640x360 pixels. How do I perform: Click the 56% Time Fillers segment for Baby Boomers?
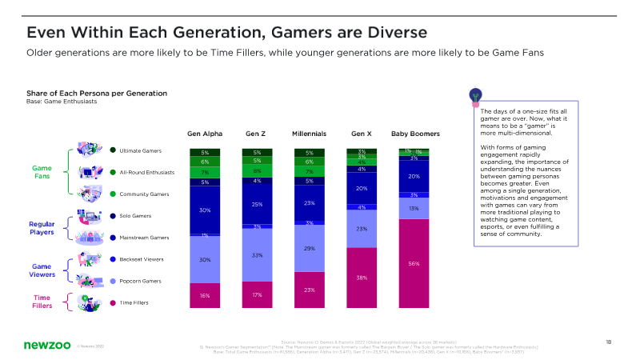tap(414, 263)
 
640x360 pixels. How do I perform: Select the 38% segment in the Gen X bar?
tap(362, 278)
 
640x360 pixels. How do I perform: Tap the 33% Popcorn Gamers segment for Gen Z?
tap(257, 255)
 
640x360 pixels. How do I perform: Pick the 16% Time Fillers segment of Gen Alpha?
tap(205, 295)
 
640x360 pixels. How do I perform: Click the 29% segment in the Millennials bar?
tap(309, 249)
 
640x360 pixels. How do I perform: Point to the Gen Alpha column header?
tap(205, 134)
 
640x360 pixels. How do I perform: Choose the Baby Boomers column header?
tap(414, 134)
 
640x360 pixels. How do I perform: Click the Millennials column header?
tap(309, 134)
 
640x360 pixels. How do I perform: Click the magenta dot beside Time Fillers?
tap(114, 302)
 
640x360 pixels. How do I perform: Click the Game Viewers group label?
tap(42, 270)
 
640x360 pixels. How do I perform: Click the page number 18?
tap(608, 342)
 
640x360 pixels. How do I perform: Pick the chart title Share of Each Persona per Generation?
tap(97, 93)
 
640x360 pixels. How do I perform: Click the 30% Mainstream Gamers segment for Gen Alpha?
tap(205, 210)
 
